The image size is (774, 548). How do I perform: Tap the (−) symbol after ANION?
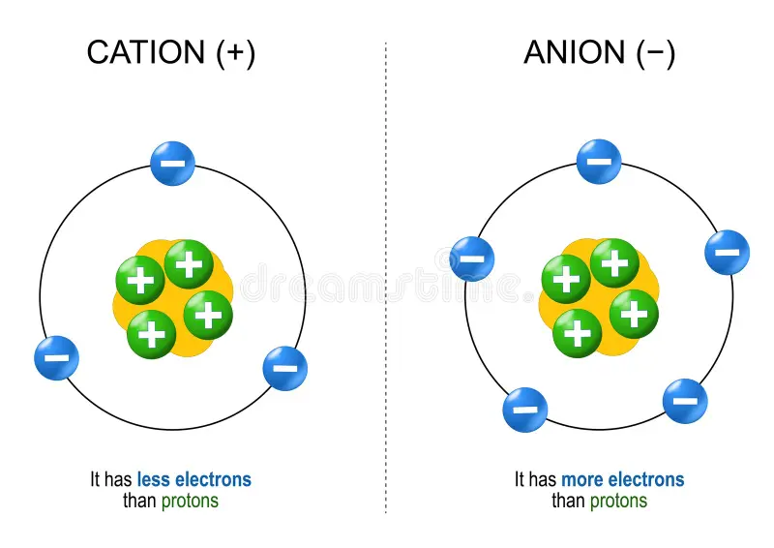tap(656, 52)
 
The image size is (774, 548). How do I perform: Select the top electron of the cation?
tap(173, 164)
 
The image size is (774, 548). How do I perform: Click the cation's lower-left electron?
tap(56, 358)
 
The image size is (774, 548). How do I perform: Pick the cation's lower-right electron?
tap(285, 368)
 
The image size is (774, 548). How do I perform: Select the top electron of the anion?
tap(599, 162)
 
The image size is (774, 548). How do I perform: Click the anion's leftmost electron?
tap(472, 259)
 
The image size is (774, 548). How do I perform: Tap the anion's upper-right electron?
tap(727, 253)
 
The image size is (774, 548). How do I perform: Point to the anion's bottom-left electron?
tap(525, 410)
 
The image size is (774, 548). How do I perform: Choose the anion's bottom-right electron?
tap(685, 401)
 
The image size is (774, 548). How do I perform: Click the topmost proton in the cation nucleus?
tap(189, 263)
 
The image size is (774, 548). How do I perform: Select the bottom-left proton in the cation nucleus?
tap(152, 334)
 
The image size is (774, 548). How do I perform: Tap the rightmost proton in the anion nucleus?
tap(634, 313)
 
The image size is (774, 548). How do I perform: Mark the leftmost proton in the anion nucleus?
tap(566, 280)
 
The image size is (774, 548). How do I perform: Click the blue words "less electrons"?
tap(193, 479)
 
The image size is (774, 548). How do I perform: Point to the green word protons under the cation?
tap(190, 501)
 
